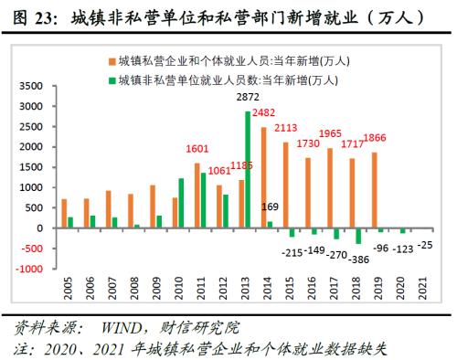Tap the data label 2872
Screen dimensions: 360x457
pos(250,96)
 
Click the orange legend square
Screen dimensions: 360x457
pos(109,60)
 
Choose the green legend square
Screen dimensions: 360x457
pos(109,79)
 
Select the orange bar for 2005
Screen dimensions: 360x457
pos(64,213)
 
